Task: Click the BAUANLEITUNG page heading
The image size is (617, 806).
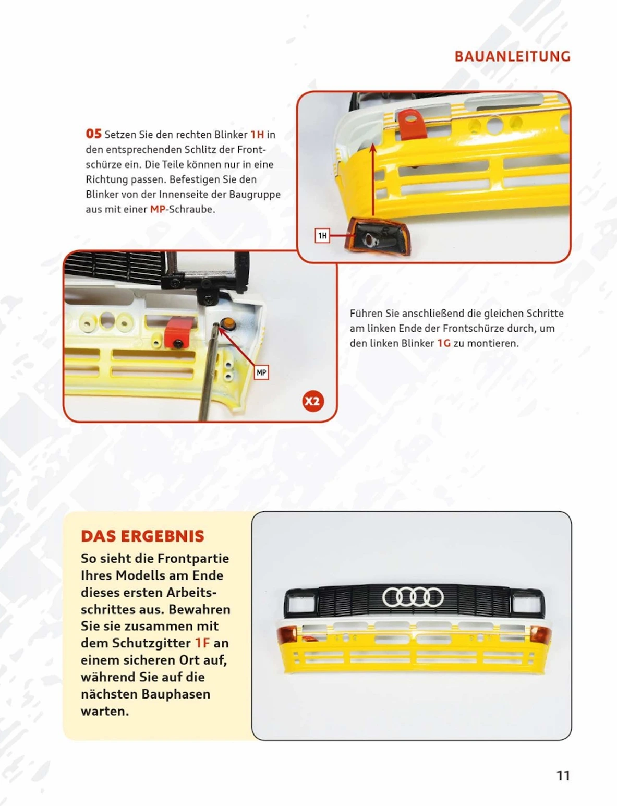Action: pyautogui.click(x=512, y=56)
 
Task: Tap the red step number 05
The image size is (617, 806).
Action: pyautogui.click(x=93, y=134)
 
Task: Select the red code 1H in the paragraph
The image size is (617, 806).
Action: pyautogui.click(x=257, y=135)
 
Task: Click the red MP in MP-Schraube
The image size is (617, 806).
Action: pyautogui.click(x=158, y=209)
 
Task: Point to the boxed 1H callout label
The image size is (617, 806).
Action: pyautogui.click(x=322, y=236)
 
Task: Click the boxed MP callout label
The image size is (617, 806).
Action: pyautogui.click(x=261, y=372)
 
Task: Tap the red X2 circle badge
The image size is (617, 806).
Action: pyautogui.click(x=312, y=401)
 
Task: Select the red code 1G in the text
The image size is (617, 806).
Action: pyautogui.click(x=443, y=343)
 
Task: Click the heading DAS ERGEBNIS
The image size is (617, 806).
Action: pyautogui.click(x=142, y=536)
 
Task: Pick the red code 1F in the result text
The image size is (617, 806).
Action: pyautogui.click(x=202, y=643)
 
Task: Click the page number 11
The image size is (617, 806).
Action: pyautogui.click(x=563, y=776)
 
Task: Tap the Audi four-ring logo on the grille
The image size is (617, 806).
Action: pyautogui.click(x=413, y=597)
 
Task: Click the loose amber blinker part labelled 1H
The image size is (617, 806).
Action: pyautogui.click(x=380, y=237)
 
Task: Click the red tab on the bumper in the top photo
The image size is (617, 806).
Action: pyautogui.click(x=412, y=123)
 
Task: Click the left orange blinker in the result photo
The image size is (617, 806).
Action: pyautogui.click(x=287, y=634)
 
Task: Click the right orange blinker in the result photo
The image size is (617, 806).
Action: pyautogui.click(x=540, y=634)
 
